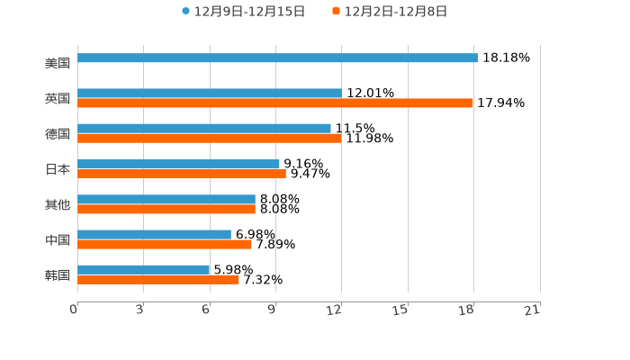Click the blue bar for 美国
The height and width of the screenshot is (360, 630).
coord(277,58)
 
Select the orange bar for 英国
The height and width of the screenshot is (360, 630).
coord(275,103)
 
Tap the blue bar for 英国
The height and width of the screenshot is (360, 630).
coord(210,94)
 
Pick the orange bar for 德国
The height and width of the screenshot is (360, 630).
coord(210,139)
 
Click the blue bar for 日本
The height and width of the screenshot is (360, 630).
coord(178,165)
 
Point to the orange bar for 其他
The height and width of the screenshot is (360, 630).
coord(166,210)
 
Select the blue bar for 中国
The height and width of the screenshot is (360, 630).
coord(154,235)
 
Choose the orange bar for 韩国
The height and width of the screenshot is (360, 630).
coord(158,280)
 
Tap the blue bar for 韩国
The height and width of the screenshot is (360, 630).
coord(144,270)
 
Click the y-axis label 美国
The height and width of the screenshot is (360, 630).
coord(58,63)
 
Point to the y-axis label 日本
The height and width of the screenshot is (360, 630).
coord(58,169)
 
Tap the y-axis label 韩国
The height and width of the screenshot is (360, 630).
coord(58,275)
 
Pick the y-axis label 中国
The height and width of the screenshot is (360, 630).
coord(58,240)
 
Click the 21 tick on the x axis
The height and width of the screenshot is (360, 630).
coord(533,310)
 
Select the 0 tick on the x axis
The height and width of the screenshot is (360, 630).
coord(74,310)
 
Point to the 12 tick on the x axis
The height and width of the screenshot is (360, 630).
coord(335,310)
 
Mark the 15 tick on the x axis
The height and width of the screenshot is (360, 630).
coord(400,310)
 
